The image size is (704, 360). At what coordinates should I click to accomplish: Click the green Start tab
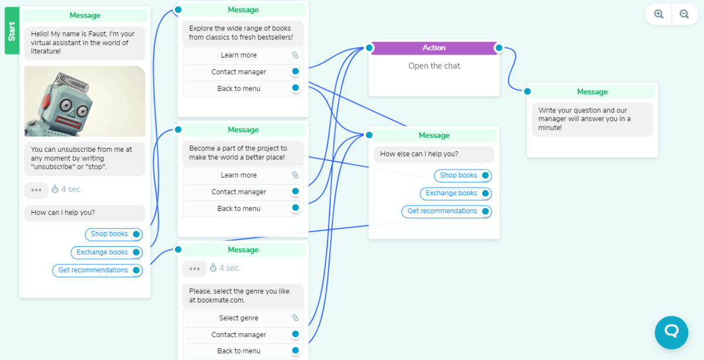(x=12, y=31)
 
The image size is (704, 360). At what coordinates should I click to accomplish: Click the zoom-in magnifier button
(x=659, y=15)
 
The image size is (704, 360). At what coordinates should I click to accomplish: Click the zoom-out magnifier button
(x=684, y=15)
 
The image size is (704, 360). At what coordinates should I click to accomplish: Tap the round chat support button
(x=671, y=332)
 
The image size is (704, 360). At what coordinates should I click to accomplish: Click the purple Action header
(x=434, y=48)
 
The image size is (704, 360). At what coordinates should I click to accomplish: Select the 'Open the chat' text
(x=434, y=66)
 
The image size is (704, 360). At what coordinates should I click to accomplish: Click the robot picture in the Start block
(x=84, y=101)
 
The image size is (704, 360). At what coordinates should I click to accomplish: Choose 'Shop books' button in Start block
(x=109, y=234)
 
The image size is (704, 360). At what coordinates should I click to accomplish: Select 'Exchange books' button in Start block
(x=102, y=252)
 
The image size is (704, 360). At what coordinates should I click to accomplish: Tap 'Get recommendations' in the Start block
(x=93, y=270)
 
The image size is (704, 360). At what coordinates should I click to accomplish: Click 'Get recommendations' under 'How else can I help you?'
(x=442, y=211)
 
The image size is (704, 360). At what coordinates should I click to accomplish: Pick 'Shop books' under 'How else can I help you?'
(x=458, y=175)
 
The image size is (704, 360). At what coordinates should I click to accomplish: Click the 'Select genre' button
(x=238, y=318)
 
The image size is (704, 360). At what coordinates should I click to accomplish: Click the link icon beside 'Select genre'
(x=295, y=318)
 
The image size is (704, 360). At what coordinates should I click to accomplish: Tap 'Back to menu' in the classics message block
(x=238, y=89)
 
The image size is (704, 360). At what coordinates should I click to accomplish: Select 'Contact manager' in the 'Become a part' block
(x=238, y=192)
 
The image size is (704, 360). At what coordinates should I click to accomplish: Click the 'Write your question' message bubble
(x=592, y=119)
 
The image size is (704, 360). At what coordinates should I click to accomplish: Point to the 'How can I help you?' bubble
(x=84, y=213)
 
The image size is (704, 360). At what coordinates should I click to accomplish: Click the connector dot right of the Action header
(x=499, y=48)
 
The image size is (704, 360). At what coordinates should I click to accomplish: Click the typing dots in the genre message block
(x=194, y=269)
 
